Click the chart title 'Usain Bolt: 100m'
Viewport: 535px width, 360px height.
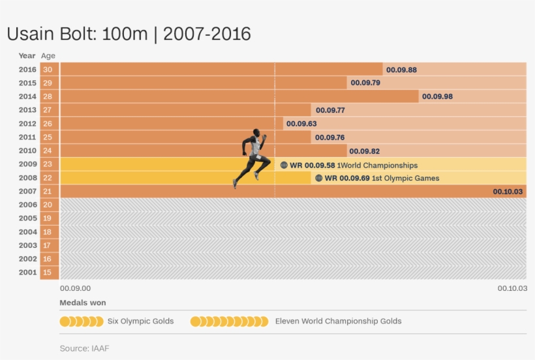(x=76, y=35)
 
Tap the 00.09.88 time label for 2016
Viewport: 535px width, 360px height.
(x=401, y=70)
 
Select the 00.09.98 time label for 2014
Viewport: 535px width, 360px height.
(x=437, y=97)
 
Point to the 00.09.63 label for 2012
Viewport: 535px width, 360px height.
(x=301, y=124)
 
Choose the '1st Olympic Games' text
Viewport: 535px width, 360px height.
(x=406, y=178)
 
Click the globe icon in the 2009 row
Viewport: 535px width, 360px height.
(x=284, y=165)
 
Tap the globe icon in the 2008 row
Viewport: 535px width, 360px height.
(x=319, y=178)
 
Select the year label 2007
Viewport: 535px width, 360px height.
(x=27, y=191)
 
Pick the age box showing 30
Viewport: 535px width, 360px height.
(x=48, y=70)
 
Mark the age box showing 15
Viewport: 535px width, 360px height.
(x=48, y=273)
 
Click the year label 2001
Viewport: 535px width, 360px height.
(x=27, y=273)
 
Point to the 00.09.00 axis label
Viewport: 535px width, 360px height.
(x=75, y=288)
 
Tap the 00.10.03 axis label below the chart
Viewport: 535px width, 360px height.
(x=512, y=288)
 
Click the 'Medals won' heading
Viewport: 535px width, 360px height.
(x=83, y=303)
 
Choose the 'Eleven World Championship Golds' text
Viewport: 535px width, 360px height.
(x=338, y=321)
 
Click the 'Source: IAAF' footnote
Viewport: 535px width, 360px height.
(x=84, y=348)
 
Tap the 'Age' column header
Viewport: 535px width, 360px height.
(x=48, y=55)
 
